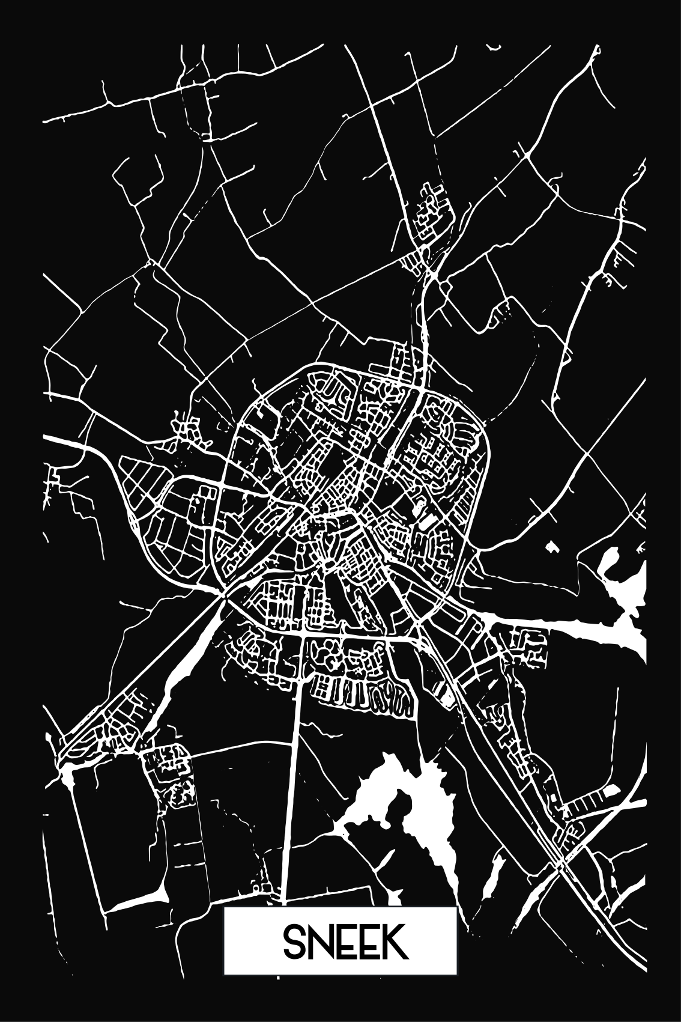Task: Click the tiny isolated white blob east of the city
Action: (551, 546)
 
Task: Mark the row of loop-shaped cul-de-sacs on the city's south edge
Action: (360, 697)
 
